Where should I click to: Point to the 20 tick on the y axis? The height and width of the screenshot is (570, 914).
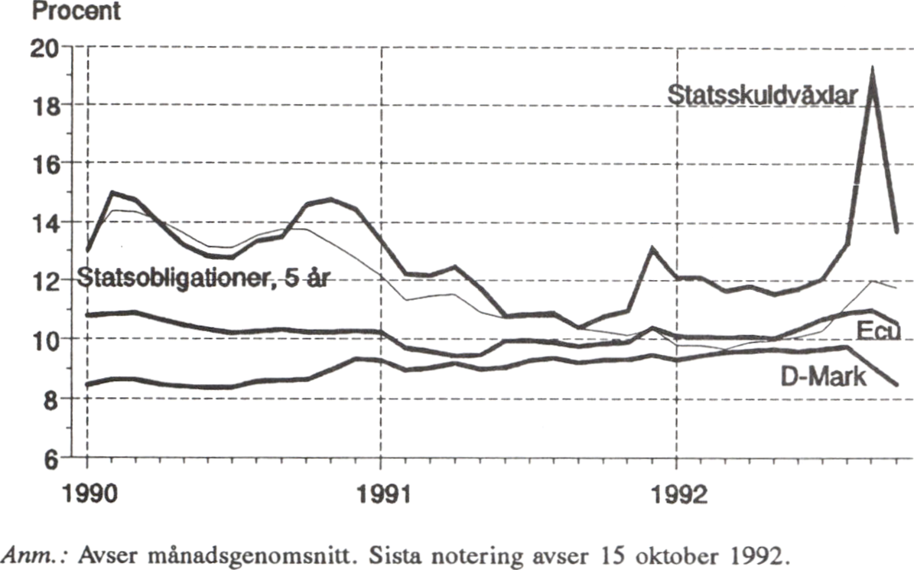51,47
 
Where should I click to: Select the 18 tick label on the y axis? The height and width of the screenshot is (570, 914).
51,105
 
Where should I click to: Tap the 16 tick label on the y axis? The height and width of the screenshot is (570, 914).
51,163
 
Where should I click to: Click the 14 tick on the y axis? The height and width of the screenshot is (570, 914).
51,222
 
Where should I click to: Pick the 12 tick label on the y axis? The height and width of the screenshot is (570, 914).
51,281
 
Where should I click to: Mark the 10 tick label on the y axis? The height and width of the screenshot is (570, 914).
51,339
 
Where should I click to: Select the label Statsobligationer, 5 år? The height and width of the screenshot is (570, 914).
204,278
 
